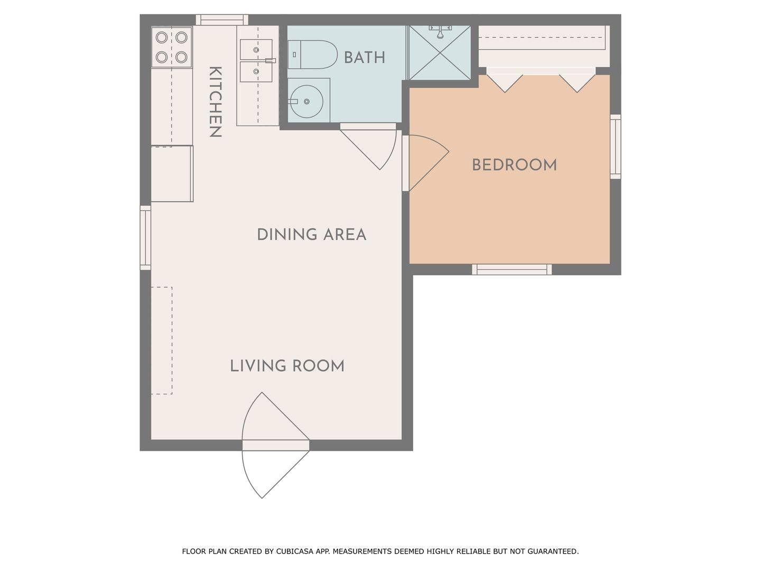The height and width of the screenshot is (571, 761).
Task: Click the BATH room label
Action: click(364, 58)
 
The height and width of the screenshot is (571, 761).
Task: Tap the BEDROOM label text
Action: click(514, 165)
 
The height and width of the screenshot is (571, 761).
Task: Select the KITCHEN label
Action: click(215, 102)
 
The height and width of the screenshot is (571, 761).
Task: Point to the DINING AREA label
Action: click(311, 235)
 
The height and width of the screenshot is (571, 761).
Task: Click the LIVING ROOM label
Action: click(287, 366)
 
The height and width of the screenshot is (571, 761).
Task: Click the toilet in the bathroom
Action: click(312, 54)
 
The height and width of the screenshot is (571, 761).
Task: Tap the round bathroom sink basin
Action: click(307, 102)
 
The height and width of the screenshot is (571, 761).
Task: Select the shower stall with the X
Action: click(440, 53)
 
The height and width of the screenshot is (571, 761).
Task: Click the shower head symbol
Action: click(440, 32)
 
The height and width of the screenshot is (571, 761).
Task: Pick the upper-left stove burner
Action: click(162, 37)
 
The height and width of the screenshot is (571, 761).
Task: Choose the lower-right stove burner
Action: click(181, 57)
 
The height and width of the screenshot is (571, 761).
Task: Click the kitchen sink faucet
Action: click(270, 61)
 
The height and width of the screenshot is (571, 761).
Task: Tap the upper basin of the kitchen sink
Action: click(256, 50)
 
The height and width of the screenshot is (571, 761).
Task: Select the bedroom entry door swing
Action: click(429, 163)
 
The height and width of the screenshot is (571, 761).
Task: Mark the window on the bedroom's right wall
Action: click(615, 146)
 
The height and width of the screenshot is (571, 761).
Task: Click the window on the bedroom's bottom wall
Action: click(512, 270)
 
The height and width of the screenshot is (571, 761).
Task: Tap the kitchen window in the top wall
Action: click(222, 20)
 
